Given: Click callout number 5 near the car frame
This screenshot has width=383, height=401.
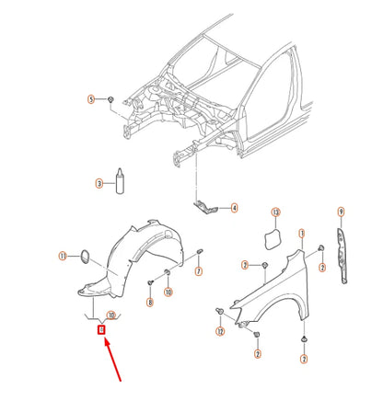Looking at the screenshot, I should [91, 98].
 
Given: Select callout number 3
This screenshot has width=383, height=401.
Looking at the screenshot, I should [99, 184].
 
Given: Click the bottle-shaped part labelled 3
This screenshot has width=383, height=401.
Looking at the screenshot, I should [119, 181].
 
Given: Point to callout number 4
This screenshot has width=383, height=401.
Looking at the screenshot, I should [234, 208].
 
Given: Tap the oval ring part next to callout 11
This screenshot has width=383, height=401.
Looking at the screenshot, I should [83, 255].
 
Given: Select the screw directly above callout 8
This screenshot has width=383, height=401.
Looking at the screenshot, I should [150, 281].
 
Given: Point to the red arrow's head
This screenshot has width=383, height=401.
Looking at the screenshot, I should [105, 339].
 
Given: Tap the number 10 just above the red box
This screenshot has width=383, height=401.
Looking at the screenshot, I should [110, 315].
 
